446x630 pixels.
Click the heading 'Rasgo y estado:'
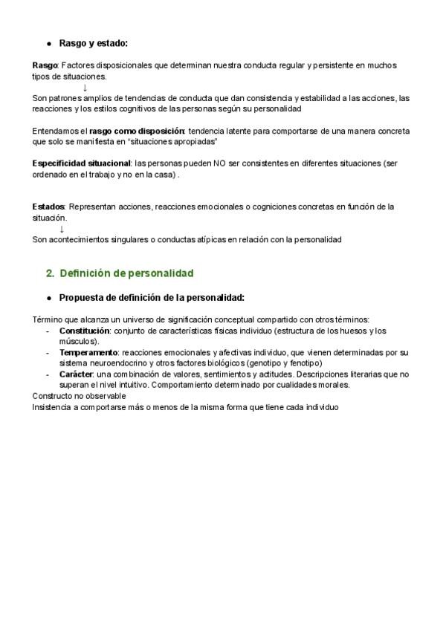pyautogui.click(x=93, y=43)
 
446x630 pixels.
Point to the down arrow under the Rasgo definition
pyautogui.click(x=85, y=87)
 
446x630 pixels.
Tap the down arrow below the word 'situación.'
pyautogui.click(x=61, y=229)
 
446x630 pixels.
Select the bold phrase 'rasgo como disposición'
pyautogui.click(x=143, y=131)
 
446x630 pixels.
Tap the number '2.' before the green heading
pyautogui.click(x=51, y=273)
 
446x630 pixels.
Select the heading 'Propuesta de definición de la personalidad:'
pyautogui.click(x=152, y=297)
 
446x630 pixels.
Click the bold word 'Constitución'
pyautogui.click(x=85, y=330)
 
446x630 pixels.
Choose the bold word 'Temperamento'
pyautogui.click(x=88, y=351)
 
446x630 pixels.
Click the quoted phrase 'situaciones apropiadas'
pyautogui.click(x=172, y=141)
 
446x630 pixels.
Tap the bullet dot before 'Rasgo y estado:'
pyautogui.click(x=48, y=44)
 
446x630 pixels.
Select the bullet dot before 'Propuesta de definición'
pyautogui.click(x=48, y=298)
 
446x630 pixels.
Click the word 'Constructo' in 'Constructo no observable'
pyautogui.click(x=54, y=397)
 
